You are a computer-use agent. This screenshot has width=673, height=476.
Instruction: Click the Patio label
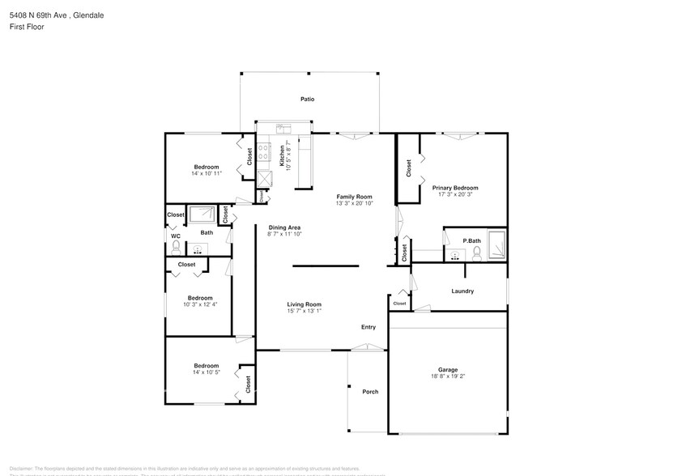[x=307, y=99]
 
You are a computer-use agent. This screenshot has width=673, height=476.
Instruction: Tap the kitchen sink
[x=283, y=128]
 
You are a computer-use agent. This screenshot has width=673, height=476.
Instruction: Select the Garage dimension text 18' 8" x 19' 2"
[x=447, y=376]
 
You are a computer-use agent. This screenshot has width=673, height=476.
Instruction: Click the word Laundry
[x=462, y=291]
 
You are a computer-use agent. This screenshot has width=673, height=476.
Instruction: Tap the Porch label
[x=370, y=392]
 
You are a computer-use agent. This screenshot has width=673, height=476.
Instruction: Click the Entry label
[x=368, y=327]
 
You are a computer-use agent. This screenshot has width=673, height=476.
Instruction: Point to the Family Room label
[x=354, y=197]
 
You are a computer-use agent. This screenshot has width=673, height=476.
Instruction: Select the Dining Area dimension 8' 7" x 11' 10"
[x=283, y=234]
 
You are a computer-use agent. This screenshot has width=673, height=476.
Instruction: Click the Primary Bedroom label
[x=454, y=188]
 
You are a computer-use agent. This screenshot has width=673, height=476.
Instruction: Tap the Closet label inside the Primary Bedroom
[x=408, y=168]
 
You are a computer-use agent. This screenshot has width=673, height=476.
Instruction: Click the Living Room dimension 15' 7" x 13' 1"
[x=304, y=311]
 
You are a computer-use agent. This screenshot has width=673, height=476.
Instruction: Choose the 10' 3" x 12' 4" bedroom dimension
[x=199, y=304]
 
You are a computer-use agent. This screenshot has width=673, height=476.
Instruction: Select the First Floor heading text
[x=28, y=27]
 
